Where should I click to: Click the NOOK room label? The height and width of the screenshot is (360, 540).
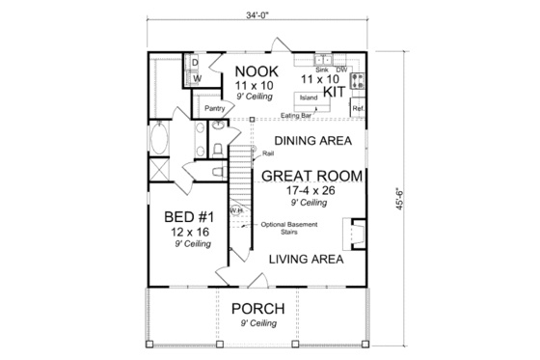point(256,71)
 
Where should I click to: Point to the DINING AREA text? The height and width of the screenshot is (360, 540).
point(312,140)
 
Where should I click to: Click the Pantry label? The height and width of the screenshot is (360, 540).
point(214,109)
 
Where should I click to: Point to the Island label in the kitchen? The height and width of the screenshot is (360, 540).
point(310,98)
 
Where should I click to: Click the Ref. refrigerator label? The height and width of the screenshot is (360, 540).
point(358,107)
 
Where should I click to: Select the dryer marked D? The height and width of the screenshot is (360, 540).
point(194,62)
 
